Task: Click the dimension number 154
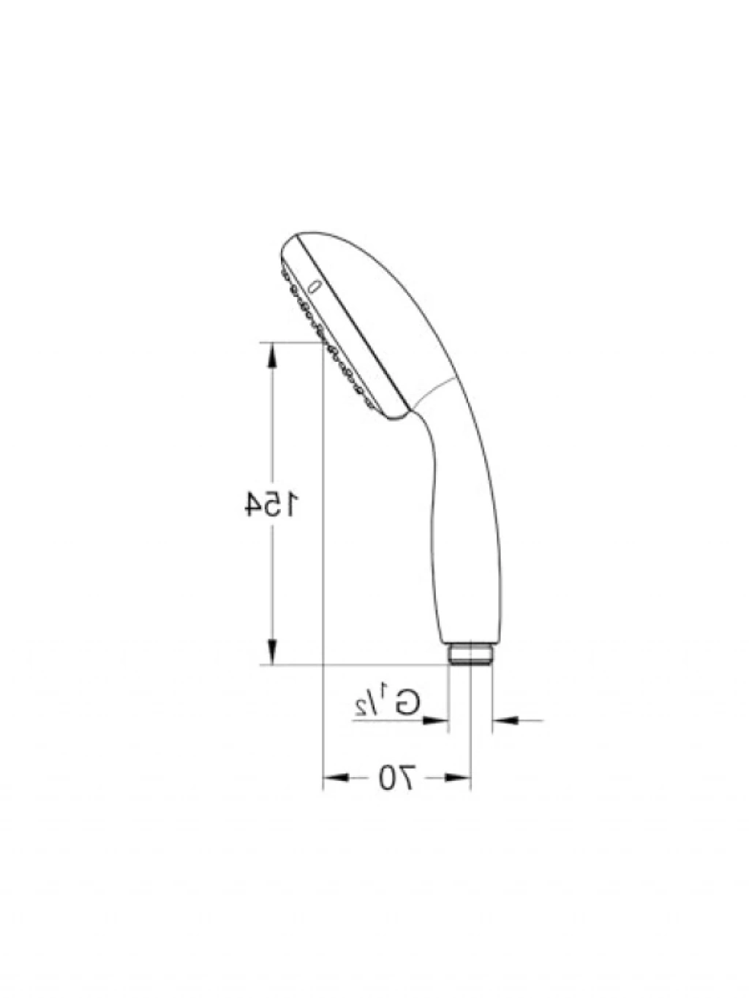pyautogui.click(x=271, y=503)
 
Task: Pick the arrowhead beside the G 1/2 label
pyautogui.click(x=435, y=720)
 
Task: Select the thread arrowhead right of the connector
pyautogui.click(x=505, y=720)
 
